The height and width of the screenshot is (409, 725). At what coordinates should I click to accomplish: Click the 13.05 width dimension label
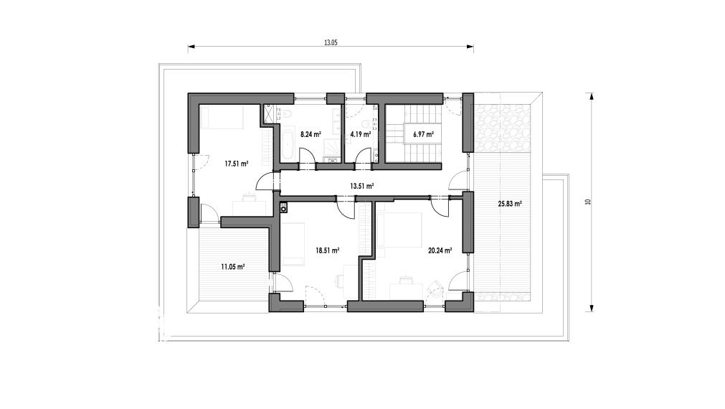331,42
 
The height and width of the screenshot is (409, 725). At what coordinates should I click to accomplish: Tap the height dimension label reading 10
588,202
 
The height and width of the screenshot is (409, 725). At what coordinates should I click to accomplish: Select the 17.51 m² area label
237,164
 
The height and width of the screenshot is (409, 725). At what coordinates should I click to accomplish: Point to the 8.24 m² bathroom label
311,135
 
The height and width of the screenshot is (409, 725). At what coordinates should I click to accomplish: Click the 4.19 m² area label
361,135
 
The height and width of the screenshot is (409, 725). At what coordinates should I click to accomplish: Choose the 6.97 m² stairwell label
424,135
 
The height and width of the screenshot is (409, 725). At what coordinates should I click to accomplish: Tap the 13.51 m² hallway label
362,187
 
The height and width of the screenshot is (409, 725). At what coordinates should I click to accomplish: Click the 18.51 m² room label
328,250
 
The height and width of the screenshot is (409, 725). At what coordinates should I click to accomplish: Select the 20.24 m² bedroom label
440,250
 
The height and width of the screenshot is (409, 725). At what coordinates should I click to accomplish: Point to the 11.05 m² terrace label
232,267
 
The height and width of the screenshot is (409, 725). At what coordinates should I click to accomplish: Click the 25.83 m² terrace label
510,204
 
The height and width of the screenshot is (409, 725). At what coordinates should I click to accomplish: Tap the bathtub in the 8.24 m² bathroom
288,144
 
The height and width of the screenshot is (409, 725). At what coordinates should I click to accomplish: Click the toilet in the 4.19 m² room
366,123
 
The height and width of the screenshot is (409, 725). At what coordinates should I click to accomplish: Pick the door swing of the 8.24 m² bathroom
307,156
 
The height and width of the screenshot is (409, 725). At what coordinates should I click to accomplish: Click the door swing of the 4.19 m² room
364,156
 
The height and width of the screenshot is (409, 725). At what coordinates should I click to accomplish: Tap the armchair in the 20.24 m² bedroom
435,287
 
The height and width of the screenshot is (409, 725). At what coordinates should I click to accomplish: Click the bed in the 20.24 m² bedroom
399,230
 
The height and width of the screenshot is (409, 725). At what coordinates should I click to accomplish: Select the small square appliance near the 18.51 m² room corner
283,208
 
